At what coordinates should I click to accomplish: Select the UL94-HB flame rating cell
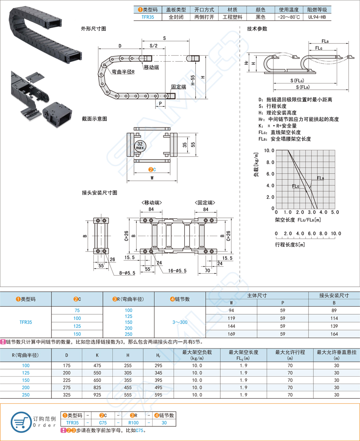click(317, 17)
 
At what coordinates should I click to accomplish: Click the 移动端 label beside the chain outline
click(151, 67)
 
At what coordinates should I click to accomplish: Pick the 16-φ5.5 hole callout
click(177, 271)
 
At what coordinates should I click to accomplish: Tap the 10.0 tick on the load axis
click(269, 151)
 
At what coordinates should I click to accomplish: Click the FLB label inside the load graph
click(320, 178)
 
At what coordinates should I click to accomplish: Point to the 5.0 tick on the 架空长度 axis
click(335, 213)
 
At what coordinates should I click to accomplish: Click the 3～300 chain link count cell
click(180, 322)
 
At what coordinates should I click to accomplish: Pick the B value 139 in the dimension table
click(334, 326)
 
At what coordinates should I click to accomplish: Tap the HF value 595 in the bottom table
click(158, 395)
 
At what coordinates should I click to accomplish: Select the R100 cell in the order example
click(133, 422)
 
